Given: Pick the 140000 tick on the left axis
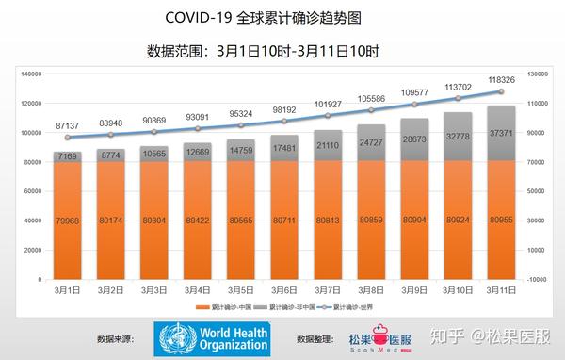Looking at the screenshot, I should pyautogui.click(x=34, y=74).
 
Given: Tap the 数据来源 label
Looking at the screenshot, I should pyautogui.click(x=117, y=337).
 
